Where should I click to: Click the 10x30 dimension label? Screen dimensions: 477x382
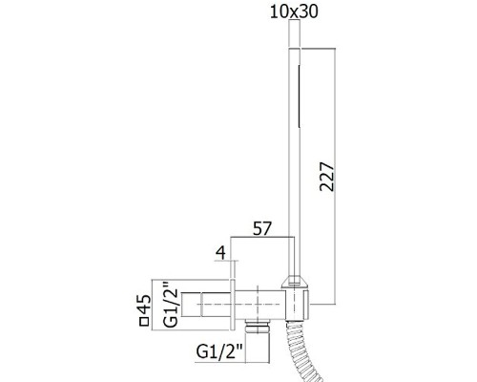click(294, 12)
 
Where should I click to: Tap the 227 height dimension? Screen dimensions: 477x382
click(327, 177)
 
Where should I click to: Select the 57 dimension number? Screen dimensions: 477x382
click(262, 228)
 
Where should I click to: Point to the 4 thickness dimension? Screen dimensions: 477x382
click(220, 253)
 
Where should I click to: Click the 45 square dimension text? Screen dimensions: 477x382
click(145, 305)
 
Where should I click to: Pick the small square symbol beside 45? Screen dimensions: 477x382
click(145, 322)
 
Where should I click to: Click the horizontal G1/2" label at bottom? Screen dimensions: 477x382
click(219, 352)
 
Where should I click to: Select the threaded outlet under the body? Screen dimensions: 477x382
click(258, 326)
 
